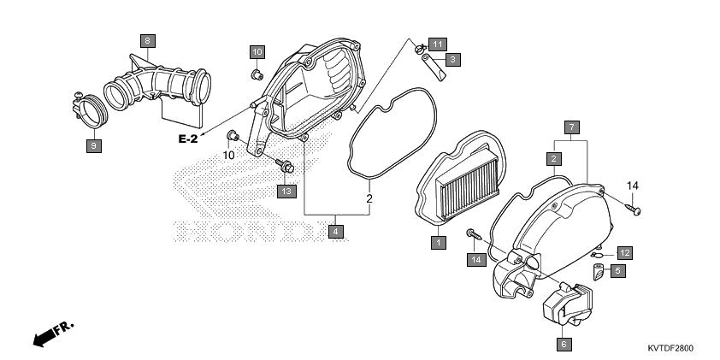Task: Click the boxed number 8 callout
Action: point(147,41)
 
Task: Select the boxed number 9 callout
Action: point(94,146)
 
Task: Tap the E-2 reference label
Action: point(188,139)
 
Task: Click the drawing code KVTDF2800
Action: point(670,348)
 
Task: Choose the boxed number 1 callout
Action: point(439,243)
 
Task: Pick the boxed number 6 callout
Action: point(564,345)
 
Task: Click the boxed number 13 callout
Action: point(286,191)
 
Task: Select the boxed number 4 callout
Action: point(336,231)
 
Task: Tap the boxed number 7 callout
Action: point(571,127)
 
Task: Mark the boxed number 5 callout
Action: point(617,271)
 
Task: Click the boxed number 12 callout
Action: point(624,252)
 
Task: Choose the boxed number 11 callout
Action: point(437,44)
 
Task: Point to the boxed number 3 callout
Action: point(452,59)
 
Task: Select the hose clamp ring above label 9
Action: point(90,110)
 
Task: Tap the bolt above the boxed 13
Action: point(285,166)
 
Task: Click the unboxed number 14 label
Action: point(633,186)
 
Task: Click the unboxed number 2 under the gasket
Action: point(369,199)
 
